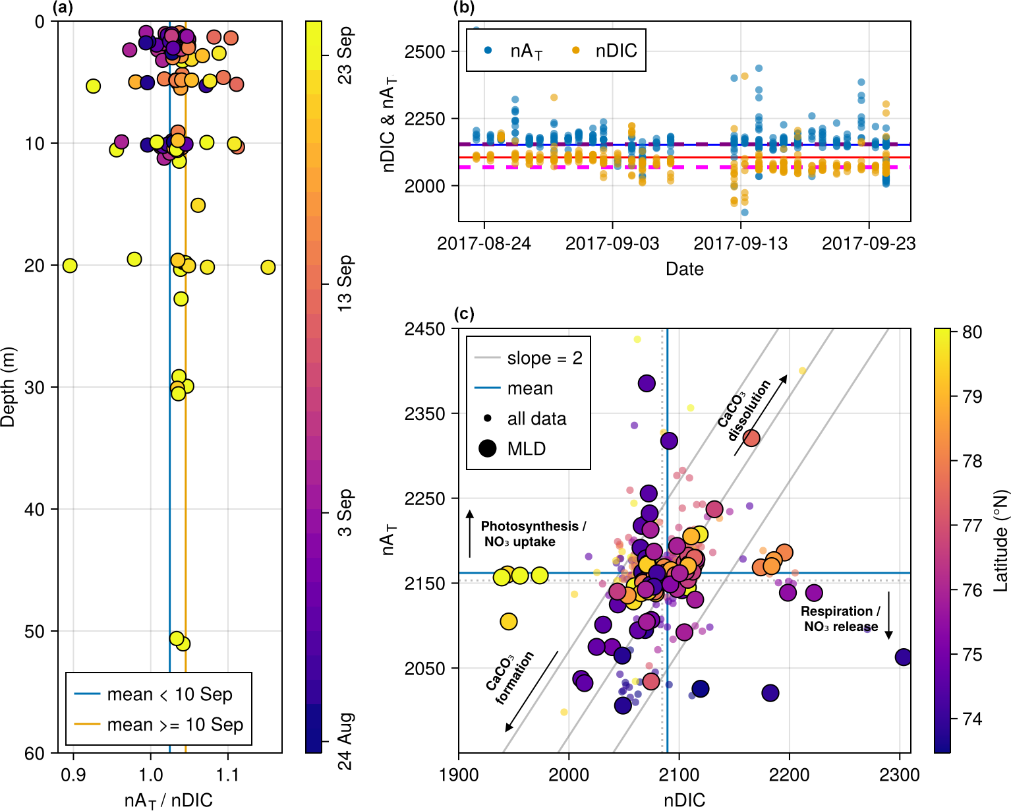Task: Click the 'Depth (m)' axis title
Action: [8, 387]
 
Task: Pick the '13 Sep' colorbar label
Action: [345, 284]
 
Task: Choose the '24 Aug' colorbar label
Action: [345, 741]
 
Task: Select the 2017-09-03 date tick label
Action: [612, 243]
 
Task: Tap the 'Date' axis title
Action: [684, 269]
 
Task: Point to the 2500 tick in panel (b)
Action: [425, 51]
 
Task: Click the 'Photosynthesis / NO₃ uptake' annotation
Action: [533, 534]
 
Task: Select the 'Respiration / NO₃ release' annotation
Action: [840, 618]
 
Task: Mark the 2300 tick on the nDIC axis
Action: [900, 775]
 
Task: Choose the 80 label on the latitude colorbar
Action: [972, 332]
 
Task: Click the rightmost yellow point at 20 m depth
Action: [268, 267]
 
